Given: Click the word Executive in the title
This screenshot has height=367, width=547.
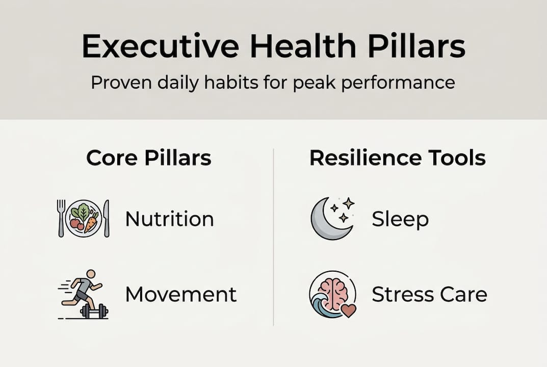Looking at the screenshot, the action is pyautogui.click(x=161, y=46).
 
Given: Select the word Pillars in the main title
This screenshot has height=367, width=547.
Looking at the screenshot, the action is pyautogui.click(x=416, y=46).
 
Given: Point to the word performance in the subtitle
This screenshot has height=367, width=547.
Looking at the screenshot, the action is pyautogui.click(x=398, y=84).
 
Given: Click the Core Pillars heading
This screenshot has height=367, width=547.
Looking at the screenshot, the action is pyautogui.click(x=149, y=158).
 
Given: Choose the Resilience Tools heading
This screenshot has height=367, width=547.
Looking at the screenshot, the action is pyautogui.click(x=397, y=158).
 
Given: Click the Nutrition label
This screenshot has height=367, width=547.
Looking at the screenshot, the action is pyautogui.click(x=170, y=219).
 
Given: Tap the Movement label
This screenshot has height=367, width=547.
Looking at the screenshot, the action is pyautogui.click(x=181, y=294).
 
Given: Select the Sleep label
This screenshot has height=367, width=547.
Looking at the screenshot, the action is pyautogui.click(x=400, y=220).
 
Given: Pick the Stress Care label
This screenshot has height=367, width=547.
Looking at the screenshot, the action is pyautogui.click(x=429, y=294).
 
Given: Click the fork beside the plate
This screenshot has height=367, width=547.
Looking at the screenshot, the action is pyautogui.click(x=61, y=218).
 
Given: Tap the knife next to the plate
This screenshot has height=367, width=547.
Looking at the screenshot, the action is pyautogui.click(x=106, y=218).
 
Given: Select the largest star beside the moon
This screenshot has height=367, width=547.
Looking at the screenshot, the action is pyautogui.click(x=348, y=203).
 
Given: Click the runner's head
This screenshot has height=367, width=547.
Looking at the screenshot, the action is pyautogui.click(x=91, y=274).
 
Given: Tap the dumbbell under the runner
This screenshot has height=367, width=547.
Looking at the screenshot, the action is pyautogui.click(x=94, y=311).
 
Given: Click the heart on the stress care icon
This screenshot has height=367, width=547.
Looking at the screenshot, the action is pyautogui.click(x=349, y=310).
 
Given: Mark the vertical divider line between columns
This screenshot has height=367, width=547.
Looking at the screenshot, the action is pyautogui.click(x=273, y=237).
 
